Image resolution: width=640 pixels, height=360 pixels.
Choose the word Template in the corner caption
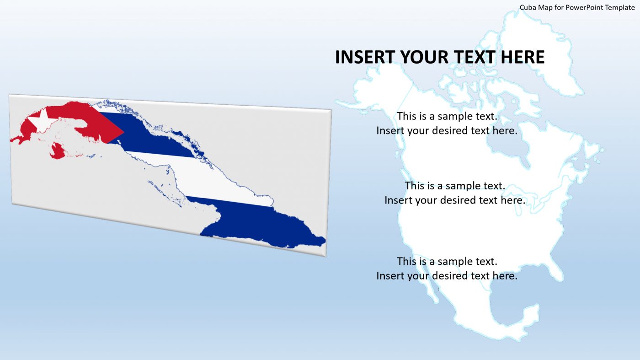click(x=620, y=7)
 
